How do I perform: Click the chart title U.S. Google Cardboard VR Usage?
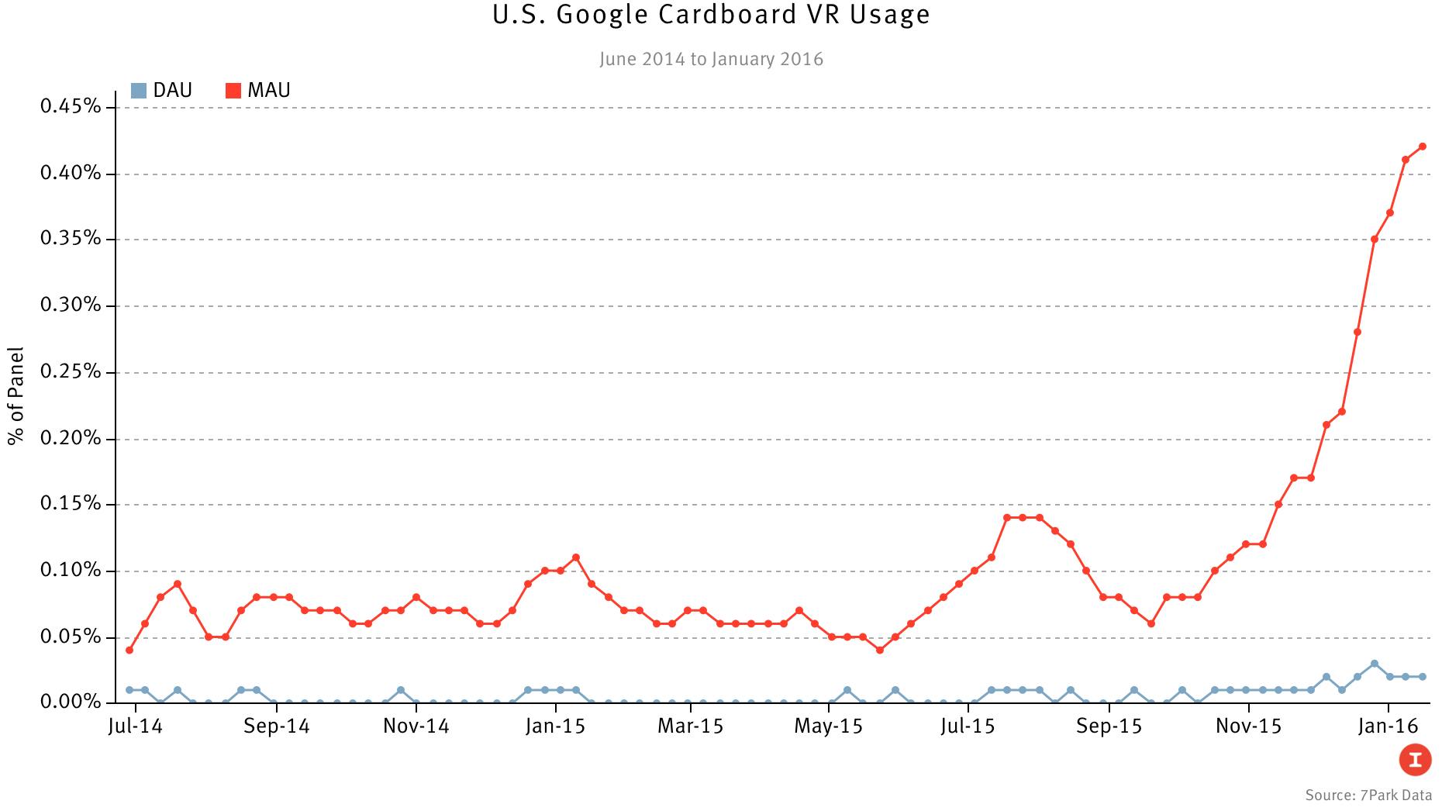tap(711, 15)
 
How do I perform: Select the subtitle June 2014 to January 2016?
tap(711, 60)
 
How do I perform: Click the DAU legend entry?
tap(162, 91)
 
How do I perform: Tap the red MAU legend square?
tap(233, 91)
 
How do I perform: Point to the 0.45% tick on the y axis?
tap(71, 106)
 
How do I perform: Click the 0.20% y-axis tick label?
tap(71, 439)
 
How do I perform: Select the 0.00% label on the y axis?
tap(71, 702)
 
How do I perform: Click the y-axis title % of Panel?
tap(16, 396)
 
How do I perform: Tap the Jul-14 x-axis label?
tap(135, 727)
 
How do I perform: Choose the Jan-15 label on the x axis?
tap(555, 727)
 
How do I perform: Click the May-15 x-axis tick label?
tap(828, 727)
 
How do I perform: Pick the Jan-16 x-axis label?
tap(1389, 727)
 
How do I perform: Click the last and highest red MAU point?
tap(1423, 147)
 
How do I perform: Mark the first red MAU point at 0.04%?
tap(129, 650)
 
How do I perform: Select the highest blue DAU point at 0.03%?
tap(1375, 664)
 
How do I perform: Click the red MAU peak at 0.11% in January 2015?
tap(575, 557)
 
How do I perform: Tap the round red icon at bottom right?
tap(1415, 759)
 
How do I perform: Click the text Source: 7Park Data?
tap(1368, 795)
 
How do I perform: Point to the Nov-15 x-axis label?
tap(1248, 727)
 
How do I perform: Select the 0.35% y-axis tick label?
tap(71, 239)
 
